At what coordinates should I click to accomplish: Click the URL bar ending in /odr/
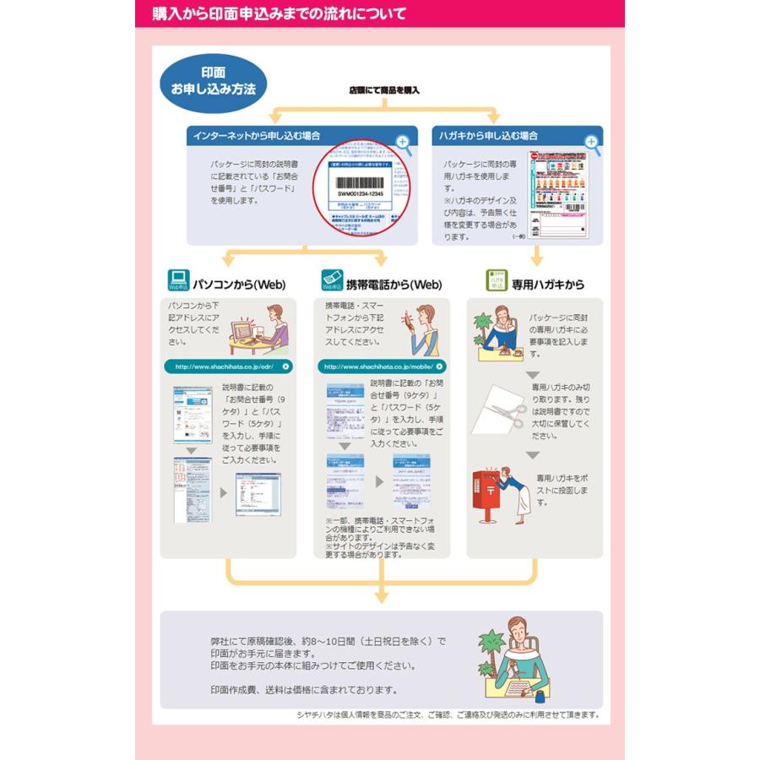tap(228, 366)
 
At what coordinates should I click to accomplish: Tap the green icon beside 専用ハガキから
tap(497, 281)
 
